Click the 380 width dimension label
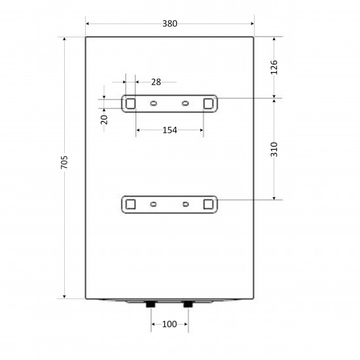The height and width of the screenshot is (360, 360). pyautogui.click(x=170, y=24)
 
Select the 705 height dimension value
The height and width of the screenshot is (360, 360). pyautogui.click(x=65, y=162)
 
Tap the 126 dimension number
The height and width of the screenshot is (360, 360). pyautogui.click(x=274, y=67)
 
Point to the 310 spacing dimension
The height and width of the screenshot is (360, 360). pyautogui.click(x=274, y=149)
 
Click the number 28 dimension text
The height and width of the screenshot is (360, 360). pyautogui.click(x=156, y=82)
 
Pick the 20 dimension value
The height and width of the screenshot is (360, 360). pyautogui.click(x=104, y=120)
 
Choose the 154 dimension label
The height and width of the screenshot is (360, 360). pyautogui.click(x=170, y=130)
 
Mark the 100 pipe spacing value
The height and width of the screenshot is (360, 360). pyautogui.click(x=170, y=324)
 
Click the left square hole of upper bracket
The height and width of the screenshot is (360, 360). pyautogui.click(x=130, y=103)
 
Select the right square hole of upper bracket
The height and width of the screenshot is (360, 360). pyautogui.click(x=208, y=103)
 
